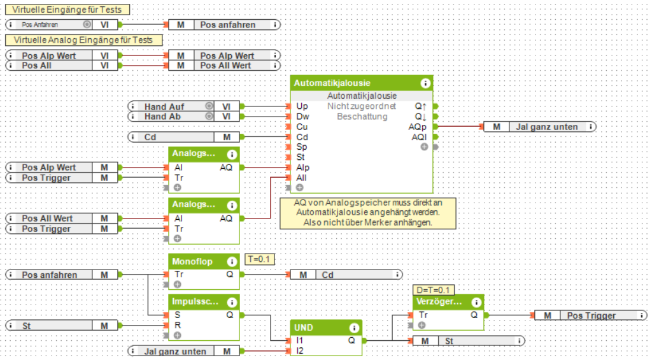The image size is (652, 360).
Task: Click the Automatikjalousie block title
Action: (332, 83)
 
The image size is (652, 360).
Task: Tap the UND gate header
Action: (304, 328)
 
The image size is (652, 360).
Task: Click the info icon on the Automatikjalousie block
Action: (425, 83)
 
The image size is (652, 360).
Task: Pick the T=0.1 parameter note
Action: (259, 259)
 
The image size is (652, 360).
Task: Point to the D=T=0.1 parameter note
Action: (433, 289)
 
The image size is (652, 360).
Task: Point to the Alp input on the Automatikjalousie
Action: (302, 168)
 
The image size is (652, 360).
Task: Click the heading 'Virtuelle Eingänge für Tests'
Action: (67, 10)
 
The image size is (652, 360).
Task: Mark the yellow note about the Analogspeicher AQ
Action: (368, 213)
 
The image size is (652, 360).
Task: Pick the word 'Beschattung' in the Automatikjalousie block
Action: (362, 117)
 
